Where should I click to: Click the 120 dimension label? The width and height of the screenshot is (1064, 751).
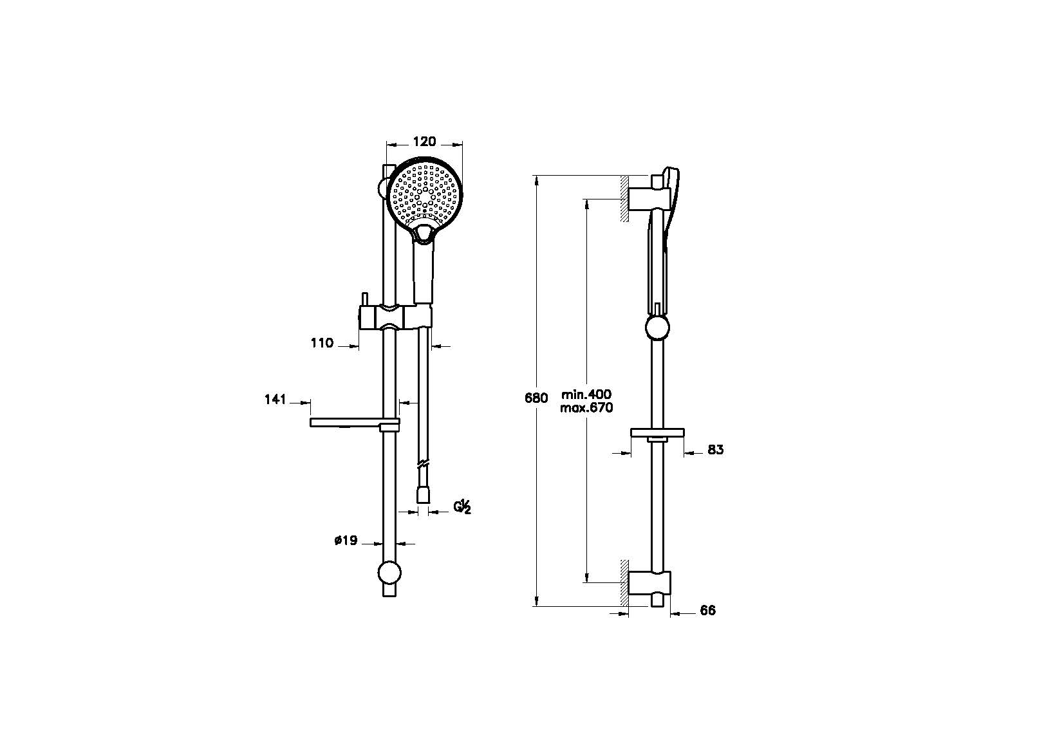pos(424,142)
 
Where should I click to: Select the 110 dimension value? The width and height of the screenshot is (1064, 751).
pos(322,343)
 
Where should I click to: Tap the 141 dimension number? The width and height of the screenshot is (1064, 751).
pos(275,400)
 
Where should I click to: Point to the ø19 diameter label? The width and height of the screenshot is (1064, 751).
pos(346,540)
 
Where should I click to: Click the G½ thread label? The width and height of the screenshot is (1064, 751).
pos(462,507)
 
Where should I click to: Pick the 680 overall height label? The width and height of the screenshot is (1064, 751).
pos(536,398)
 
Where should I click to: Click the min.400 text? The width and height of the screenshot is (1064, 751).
pos(586,394)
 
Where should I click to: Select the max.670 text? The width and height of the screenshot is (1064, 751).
pos(586,407)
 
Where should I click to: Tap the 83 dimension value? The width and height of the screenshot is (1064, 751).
pos(715,449)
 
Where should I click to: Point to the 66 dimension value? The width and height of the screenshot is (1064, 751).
pos(708,611)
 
